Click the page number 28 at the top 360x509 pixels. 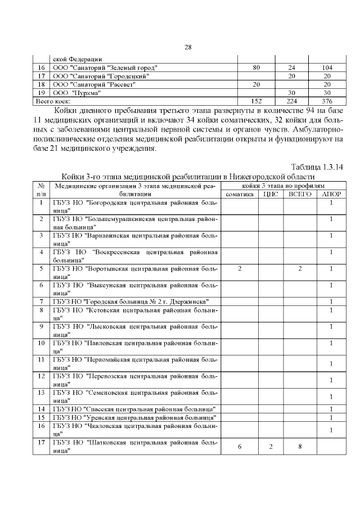click(188, 47)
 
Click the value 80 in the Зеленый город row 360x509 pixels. click(256, 67)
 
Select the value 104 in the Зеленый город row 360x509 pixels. click(327, 67)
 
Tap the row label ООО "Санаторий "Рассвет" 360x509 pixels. click(93, 84)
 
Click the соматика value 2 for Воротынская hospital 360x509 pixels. click(240, 269)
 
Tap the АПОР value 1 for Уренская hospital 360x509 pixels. click(331, 417)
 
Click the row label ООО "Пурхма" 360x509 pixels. click(76, 92)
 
